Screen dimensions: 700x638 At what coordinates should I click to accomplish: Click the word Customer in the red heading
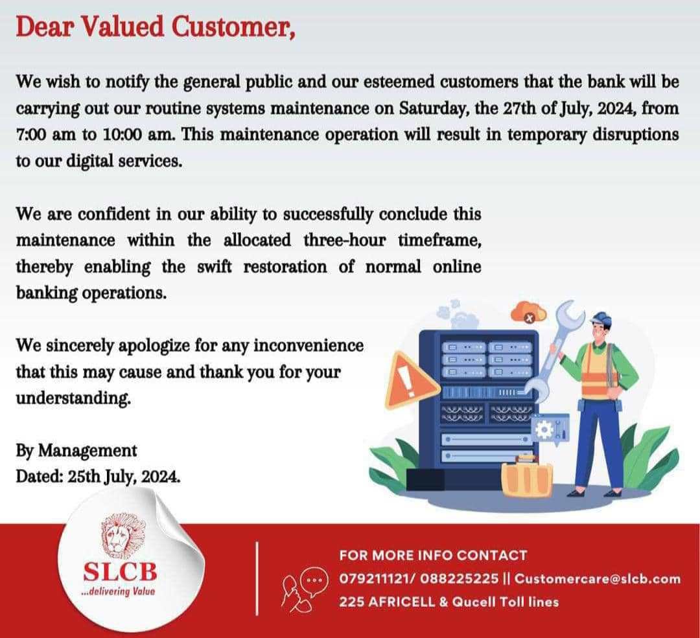(x=233, y=27)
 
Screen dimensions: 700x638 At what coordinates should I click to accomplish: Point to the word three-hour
(x=344, y=240)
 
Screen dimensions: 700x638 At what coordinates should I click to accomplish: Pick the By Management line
(x=76, y=451)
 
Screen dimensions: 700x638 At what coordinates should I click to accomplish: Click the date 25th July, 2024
(x=124, y=477)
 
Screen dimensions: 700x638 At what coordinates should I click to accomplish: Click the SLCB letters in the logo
(x=120, y=571)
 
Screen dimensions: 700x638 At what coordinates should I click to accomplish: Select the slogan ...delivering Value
(x=120, y=591)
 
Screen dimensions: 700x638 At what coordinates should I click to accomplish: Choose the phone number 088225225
(x=460, y=578)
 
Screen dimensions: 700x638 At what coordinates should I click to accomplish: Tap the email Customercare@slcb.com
(x=598, y=578)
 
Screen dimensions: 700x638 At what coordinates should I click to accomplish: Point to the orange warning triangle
(x=410, y=381)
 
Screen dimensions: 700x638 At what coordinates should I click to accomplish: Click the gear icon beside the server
(x=544, y=429)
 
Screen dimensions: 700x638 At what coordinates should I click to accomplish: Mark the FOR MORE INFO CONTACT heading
(x=433, y=556)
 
